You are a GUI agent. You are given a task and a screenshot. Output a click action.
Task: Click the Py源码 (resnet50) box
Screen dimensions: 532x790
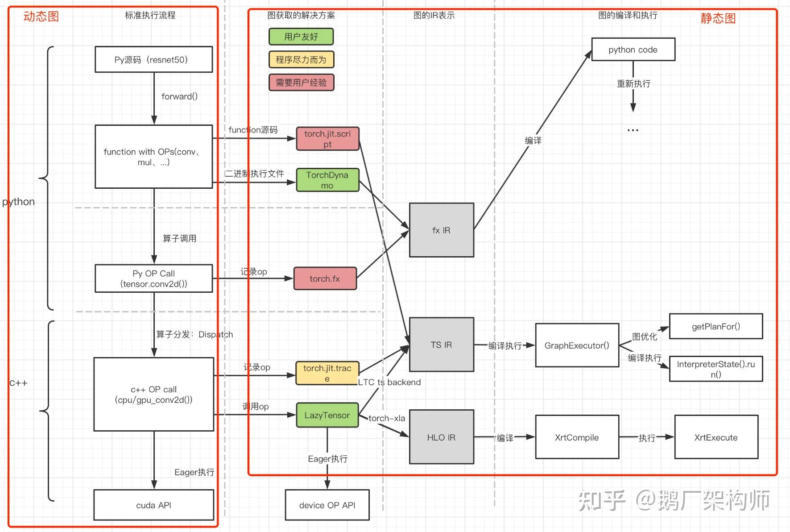tap(153, 59)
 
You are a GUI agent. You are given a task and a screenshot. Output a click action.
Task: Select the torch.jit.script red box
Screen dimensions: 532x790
tap(327, 139)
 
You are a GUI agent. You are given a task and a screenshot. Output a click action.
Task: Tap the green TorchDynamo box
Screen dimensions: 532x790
tap(327, 180)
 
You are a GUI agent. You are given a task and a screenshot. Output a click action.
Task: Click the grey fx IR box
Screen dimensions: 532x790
tap(441, 230)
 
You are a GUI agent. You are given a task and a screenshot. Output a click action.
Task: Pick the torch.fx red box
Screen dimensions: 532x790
tap(325, 278)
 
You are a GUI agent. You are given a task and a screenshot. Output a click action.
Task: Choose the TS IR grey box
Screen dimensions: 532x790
tap(441, 345)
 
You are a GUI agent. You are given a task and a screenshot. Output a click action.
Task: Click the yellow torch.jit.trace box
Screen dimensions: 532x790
tap(327, 373)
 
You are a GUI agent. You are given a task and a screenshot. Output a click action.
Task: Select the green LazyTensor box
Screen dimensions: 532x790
tap(327, 415)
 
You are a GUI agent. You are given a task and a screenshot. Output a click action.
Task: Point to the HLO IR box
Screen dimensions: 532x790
tap(441, 437)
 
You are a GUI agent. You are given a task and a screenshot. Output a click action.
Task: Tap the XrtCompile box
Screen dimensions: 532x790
tap(577, 437)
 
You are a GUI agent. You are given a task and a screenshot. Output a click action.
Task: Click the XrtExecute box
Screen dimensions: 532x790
tap(716, 437)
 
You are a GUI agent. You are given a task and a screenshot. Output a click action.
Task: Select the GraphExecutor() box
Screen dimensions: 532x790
tap(577, 345)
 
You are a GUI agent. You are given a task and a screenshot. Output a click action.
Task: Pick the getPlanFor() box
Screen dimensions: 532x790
tap(716, 326)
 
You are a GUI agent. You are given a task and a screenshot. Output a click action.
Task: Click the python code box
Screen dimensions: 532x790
tap(633, 50)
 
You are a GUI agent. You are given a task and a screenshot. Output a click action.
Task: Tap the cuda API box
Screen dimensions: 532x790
tap(153, 505)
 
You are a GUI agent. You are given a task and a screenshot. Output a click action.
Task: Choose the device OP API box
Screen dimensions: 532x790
tap(327, 505)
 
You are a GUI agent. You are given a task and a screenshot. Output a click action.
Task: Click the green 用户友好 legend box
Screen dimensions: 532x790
tap(301, 37)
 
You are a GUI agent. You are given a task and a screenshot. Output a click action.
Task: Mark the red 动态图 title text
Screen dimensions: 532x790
tap(41, 17)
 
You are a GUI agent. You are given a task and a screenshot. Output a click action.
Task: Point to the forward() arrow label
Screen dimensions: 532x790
tap(179, 96)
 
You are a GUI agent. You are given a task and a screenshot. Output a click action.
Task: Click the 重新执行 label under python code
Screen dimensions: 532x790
tap(633, 83)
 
